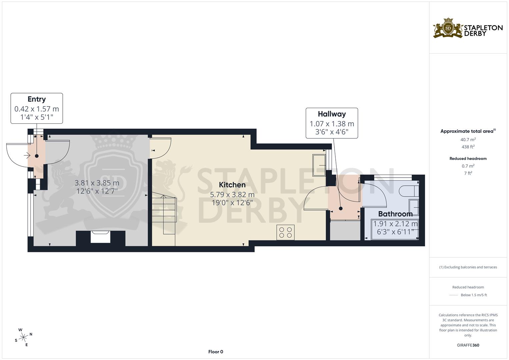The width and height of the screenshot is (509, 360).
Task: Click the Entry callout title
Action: (37, 99)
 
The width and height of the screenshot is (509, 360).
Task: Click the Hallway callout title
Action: (332, 114)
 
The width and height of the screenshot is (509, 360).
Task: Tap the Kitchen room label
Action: (232, 185)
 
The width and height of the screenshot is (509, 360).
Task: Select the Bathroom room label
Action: (395, 214)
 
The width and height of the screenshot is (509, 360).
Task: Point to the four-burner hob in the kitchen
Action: (285, 232)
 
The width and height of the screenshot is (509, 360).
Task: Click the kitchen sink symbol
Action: (319, 165)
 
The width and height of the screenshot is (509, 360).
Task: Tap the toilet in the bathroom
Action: (408, 190)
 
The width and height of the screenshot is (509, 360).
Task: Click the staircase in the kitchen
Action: (164, 215)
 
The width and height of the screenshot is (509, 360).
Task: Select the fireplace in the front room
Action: (101, 238)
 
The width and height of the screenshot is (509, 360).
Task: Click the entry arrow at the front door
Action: (27, 155)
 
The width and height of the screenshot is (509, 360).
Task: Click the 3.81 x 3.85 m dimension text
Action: (97, 183)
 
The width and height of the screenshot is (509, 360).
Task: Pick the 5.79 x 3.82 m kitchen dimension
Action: (232, 194)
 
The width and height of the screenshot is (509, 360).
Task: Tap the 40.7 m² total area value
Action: (468, 140)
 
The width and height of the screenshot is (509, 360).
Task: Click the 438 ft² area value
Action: (468, 147)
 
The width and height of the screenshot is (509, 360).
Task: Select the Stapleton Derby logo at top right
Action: (468, 28)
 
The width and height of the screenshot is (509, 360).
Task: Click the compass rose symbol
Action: (23, 337)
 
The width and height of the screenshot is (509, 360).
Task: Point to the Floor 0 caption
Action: (215, 352)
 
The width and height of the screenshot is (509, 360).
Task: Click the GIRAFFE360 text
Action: (468, 345)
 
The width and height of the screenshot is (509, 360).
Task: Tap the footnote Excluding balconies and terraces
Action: (468, 267)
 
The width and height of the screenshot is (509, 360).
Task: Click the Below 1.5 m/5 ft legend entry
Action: (473, 295)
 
